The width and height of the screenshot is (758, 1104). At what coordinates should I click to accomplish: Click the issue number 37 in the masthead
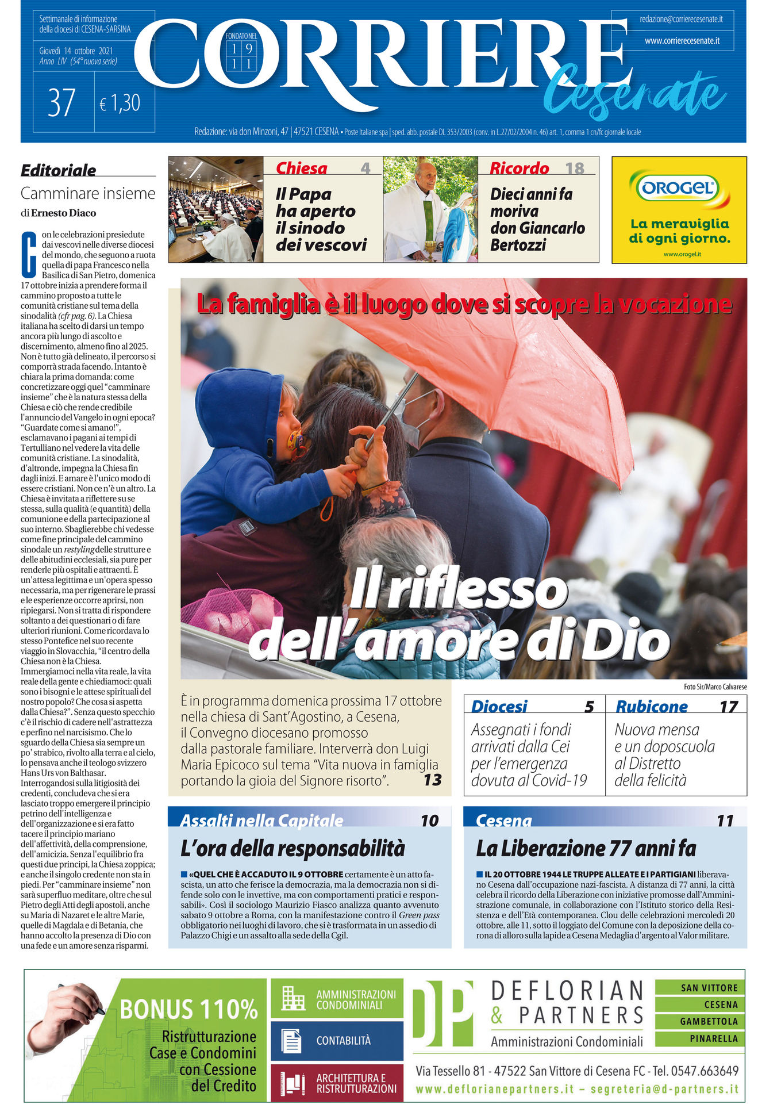click(x=62, y=102)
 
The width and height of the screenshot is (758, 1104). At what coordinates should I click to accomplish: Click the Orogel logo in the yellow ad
click(x=679, y=187)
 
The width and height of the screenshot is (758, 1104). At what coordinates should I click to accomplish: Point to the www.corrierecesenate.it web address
click(x=682, y=41)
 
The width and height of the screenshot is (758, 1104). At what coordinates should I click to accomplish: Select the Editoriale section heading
click(x=59, y=170)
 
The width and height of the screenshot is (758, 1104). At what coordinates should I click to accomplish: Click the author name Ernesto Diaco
click(x=64, y=213)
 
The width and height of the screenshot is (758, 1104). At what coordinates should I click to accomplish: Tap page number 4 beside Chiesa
click(x=365, y=168)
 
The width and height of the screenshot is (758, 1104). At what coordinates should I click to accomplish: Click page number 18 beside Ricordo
click(x=575, y=168)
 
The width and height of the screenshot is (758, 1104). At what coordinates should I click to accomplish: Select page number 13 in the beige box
click(x=432, y=780)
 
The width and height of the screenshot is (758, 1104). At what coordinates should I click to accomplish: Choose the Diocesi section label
click(x=499, y=706)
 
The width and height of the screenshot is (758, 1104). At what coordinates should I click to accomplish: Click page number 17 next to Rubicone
click(x=729, y=707)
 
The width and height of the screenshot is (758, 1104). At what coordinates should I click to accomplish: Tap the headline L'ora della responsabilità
click(x=293, y=849)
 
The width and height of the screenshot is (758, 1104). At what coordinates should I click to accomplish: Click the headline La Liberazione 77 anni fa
click(x=586, y=849)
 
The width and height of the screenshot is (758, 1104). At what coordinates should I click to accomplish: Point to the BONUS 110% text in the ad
click(x=188, y=1009)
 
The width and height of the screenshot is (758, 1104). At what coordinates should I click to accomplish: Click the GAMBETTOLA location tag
click(x=709, y=1022)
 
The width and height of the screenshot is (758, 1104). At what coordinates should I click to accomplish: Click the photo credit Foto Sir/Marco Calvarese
click(x=715, y=687)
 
